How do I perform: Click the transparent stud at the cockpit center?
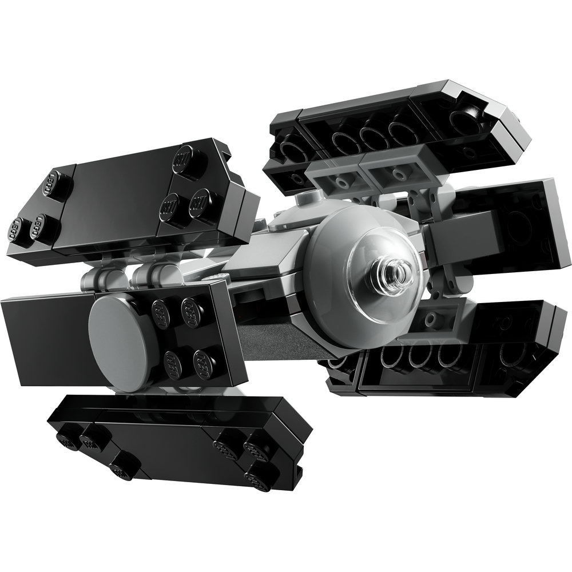pos(394,269)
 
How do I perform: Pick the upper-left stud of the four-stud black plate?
pos(161,311)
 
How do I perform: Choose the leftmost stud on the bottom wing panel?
pos(67,439)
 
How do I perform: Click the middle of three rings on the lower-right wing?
pos(420,358)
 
